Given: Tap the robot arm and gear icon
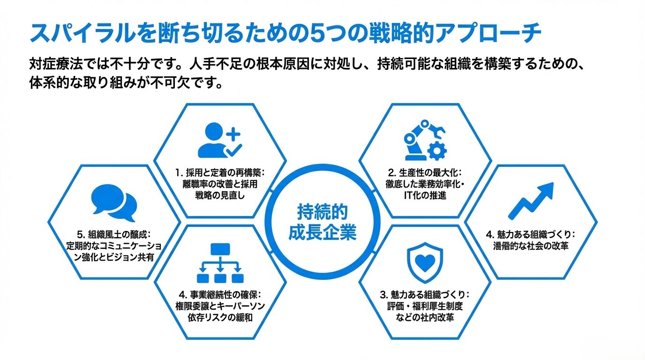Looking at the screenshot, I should (425, 140).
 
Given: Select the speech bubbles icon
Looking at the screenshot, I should (114, 203).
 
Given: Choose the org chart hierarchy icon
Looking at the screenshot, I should (220, 263).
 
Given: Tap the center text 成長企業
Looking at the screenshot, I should (322, 232).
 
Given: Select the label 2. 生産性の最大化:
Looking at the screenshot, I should (425, 172).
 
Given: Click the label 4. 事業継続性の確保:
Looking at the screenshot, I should (220, 295).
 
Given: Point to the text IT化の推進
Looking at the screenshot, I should (425, 195).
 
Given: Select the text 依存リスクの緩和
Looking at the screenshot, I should (220, 318).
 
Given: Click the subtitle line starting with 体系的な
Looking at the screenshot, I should (124, 85).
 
